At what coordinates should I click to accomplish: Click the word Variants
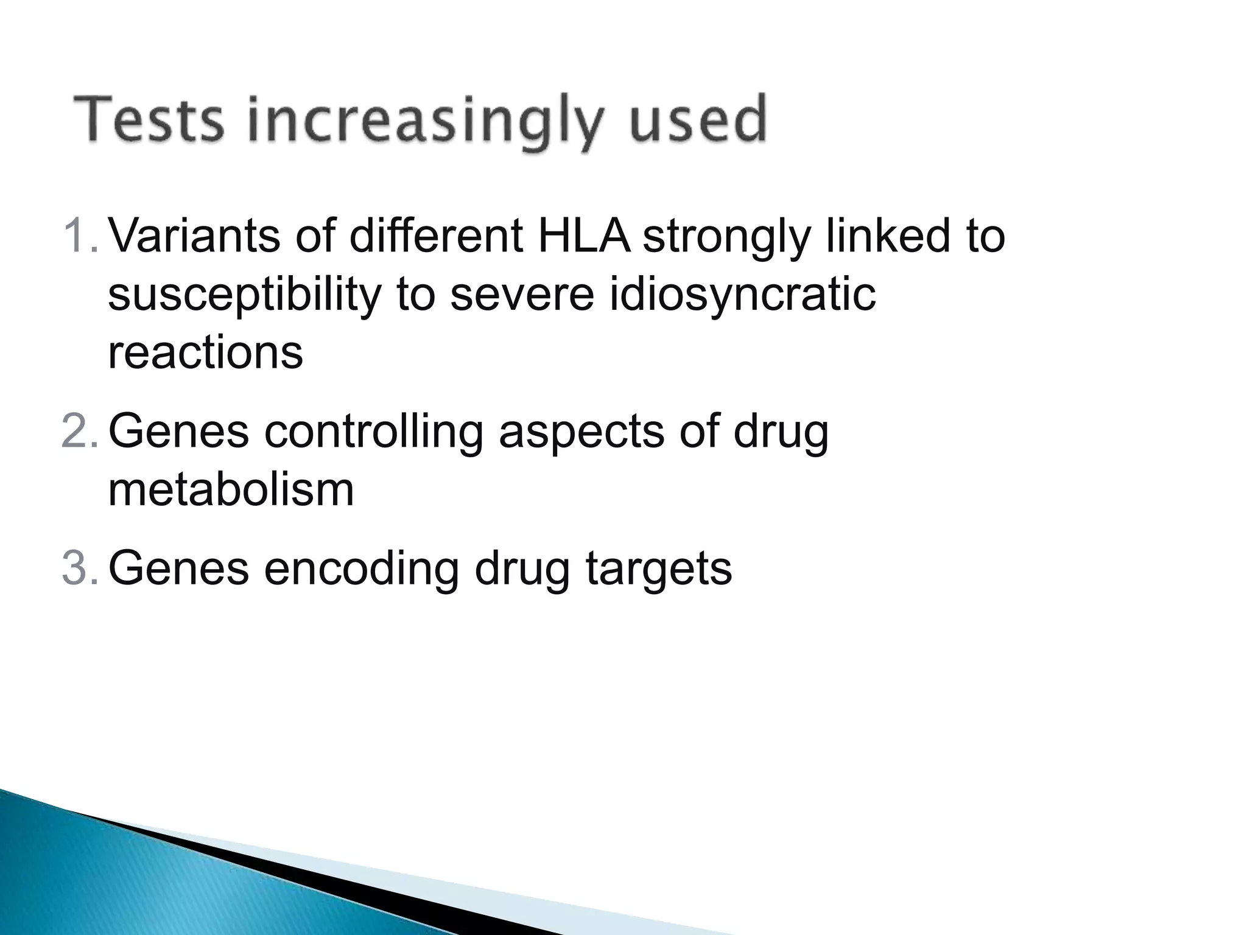point(194,236)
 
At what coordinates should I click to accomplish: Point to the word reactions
point(205,352)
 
